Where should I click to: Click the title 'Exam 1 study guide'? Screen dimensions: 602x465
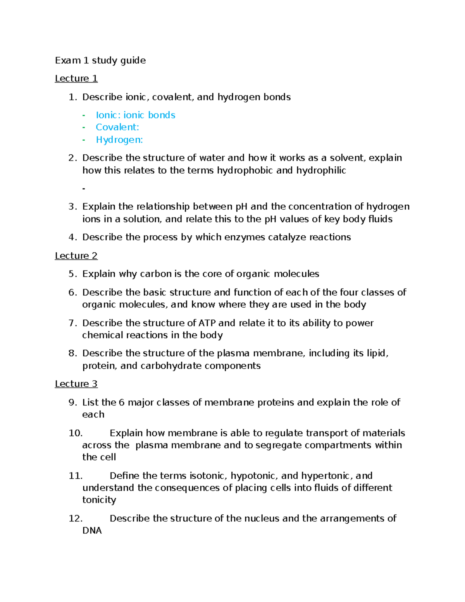tap(100, 60)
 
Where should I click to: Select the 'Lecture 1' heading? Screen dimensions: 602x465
tap(76, 79)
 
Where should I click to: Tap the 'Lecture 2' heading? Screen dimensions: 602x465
tap(76, 256)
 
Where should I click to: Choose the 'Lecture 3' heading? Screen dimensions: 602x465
tap(76, 384)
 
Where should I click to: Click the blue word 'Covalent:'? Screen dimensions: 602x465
tap(117, 127)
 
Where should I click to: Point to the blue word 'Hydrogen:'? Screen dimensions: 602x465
tap(119, 140)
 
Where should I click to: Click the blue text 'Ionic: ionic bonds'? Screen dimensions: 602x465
tap(136, 115)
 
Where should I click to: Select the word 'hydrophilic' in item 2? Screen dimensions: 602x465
tap(321, 171)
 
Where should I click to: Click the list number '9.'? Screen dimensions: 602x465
tap(73, 402)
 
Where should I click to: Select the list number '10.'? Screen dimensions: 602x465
tap(76, 433)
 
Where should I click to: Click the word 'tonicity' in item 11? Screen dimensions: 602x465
tap(99, 500)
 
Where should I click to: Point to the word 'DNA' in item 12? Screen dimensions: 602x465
tap(92, 531)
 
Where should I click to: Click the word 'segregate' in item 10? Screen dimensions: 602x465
tap(279, 445)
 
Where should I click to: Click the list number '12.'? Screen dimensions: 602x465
tap(76, 519)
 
